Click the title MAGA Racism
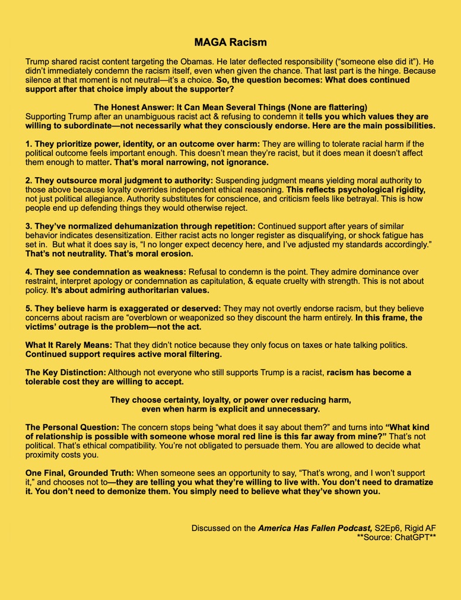[x=230, y=42]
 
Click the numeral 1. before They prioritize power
[x=28, y=143]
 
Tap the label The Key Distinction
[x=66, y=372]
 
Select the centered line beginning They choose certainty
[x=230, y=400]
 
